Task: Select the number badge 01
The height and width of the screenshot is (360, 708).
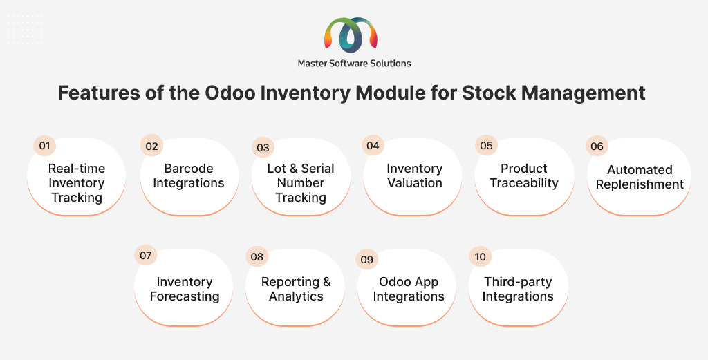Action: click(45, 146)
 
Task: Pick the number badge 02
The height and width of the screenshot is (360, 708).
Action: click(151, 146)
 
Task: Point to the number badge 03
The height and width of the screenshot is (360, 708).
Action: click(263, 147)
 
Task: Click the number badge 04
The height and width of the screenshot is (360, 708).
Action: click(373, 145)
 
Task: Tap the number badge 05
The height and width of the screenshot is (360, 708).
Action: click(486, 145)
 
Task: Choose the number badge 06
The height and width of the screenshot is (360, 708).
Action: click(597, 146)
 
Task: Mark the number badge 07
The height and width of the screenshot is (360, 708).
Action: click(145, 256)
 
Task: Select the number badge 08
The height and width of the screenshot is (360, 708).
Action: click(257, 256)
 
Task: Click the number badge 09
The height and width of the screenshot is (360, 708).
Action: click(367, 259)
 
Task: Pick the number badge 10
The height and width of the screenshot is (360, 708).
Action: click(480, 256)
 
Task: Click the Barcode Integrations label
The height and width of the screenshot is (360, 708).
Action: click(189, 176)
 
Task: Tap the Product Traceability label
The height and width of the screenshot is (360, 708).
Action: click(524, 176)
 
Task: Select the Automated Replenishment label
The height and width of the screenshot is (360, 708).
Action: click(640, 177)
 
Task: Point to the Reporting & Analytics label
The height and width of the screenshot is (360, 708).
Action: click(296, 289)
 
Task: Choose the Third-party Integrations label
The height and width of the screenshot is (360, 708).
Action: click(518, 289)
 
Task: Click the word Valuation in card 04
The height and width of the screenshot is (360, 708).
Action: click(415, 182)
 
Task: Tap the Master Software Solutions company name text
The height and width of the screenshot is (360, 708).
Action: click(354, 64)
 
